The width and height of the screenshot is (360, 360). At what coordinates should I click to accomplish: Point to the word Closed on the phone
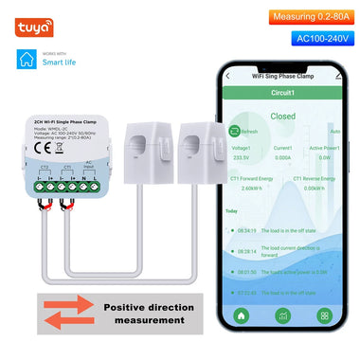coord(283,117)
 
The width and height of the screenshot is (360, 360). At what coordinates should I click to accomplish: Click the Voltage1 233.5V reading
coord(242,154)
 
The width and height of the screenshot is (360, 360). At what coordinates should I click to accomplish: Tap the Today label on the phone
coord(231,212)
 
